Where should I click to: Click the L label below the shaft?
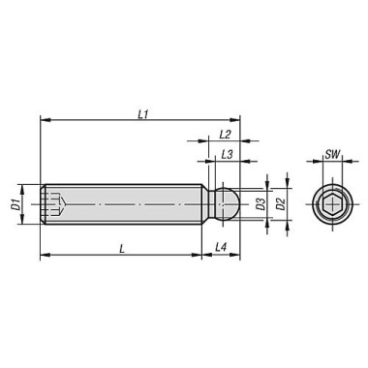click(122, 249)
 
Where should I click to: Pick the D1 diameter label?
click(15, 205)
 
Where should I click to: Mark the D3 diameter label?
click(260, 203)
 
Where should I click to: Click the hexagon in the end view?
click(332, 204)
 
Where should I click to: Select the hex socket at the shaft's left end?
click(55, 204)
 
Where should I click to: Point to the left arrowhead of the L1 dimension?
click(43, 121)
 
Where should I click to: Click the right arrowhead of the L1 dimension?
click(237, 121)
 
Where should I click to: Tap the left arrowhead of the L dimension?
click(43, 257)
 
